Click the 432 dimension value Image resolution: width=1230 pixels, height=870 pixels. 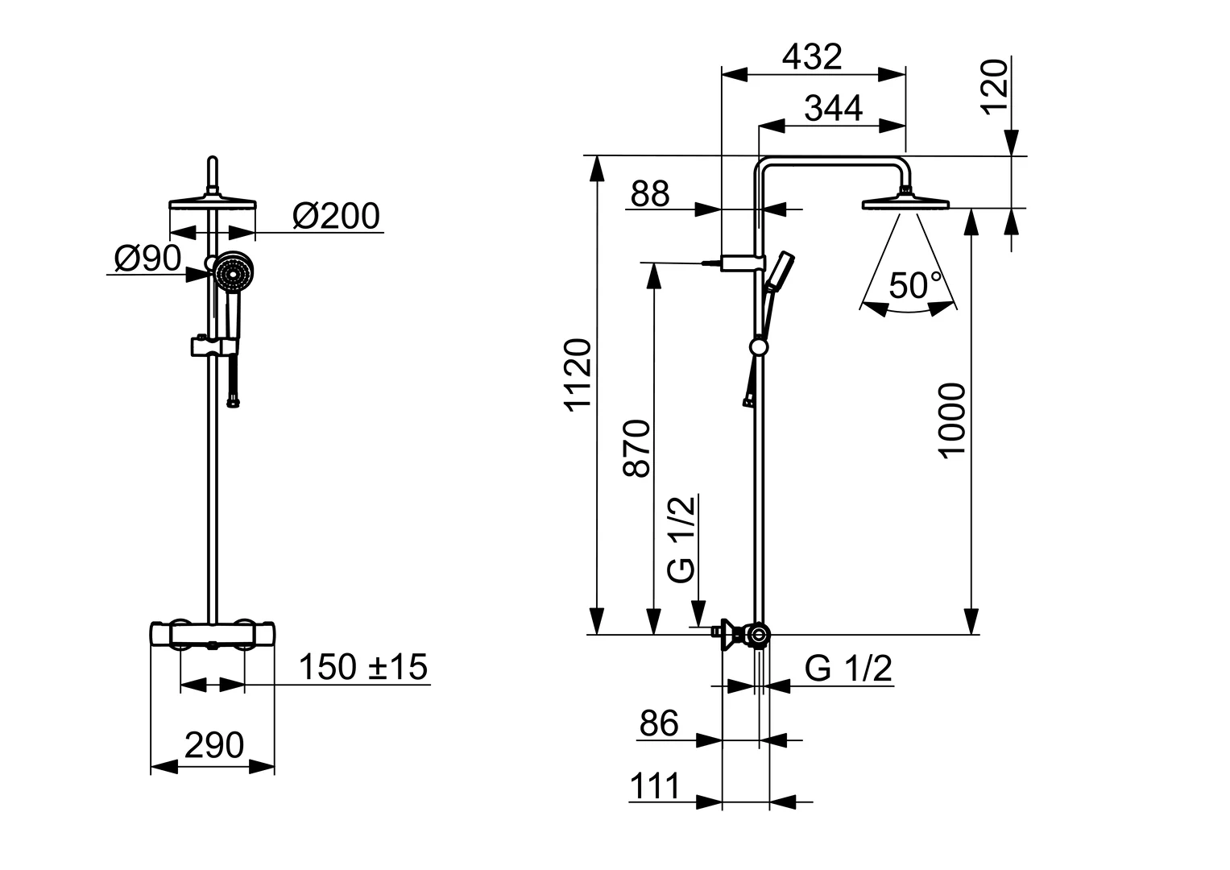pyautogui.click(x=812, y=56)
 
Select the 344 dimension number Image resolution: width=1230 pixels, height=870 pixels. pyautogui.click(x=833, y=108)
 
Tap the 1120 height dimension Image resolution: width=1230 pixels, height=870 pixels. pyautogui.click(x=578, y=375)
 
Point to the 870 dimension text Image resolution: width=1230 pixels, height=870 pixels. pyautogui.click(x=637, y=449)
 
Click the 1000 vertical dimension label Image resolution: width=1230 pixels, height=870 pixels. pyautogui.click(x=951, y=420)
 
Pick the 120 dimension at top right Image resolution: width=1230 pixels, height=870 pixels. pyautogui.click(x=995, y=87)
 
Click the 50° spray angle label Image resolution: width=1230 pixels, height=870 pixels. pyautogui.click(x=915, y=285)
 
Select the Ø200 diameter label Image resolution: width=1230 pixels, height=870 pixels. pyautogui.click(x=336, y=216)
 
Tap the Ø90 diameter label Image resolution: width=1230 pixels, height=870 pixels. pyautogui.click(x=147, y=258)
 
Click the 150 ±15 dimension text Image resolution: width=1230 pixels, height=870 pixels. pyautogui.click(x=363, y=667)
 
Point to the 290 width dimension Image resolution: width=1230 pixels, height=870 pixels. pyautogui.click(x=214, y=745)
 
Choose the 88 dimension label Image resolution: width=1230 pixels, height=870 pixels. pyautogui.click(x=650, y=194)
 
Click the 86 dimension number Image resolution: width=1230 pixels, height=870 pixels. pyautogui.click(x=659, y=723)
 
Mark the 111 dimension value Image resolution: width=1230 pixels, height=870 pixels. pyautogui.click(x=655, y=786)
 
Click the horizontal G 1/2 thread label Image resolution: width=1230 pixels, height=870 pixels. pyautogui.click(x=848, y=669)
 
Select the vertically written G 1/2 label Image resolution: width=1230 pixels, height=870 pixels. pyautogui.click(x=681, y=539)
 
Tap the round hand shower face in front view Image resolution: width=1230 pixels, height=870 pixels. pyautogui.click(x=233, y=272)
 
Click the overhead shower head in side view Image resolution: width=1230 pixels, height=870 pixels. pyautogui.click(x=905, y=201)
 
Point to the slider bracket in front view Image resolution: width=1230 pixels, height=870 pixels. pyautogui.click(x=214, y=346)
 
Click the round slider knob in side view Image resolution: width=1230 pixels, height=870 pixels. pyautogui.click(x=758, y=346)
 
